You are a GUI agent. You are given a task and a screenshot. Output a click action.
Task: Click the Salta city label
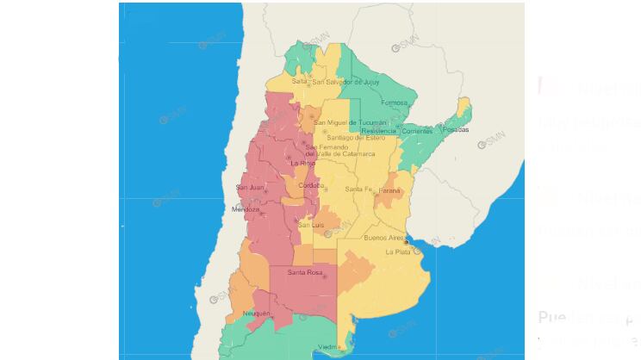tap(300, 82)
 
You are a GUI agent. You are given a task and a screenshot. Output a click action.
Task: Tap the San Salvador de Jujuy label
tap(345, 82)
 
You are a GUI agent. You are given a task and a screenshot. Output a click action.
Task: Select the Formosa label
tap(394, 102)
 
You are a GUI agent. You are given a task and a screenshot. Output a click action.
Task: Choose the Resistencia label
tap(380, 131)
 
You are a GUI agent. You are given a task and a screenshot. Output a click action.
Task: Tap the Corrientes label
tap(417, 131)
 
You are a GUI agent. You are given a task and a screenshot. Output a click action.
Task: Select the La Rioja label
tap(302, 163)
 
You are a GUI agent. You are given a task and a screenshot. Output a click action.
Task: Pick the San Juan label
tap(250, 187)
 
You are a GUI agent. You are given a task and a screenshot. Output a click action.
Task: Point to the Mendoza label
tap(246, 209)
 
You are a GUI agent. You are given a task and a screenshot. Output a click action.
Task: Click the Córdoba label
tap(310, 184)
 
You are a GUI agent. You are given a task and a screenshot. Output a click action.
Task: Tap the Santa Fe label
tap(358, 189)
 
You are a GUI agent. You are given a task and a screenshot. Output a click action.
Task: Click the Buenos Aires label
tap(384, 237)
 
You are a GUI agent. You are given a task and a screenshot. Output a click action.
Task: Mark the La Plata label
tap(398, 251)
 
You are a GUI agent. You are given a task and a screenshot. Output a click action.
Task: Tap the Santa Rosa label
tap(305, 273)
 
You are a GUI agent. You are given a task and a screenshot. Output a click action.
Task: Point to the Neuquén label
tap(257, 313)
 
